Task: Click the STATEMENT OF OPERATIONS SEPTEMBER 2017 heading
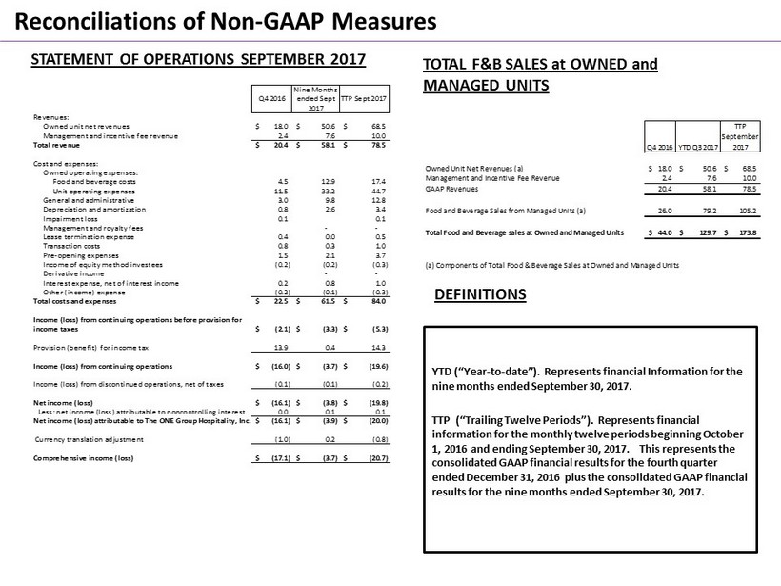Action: point(198,59)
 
